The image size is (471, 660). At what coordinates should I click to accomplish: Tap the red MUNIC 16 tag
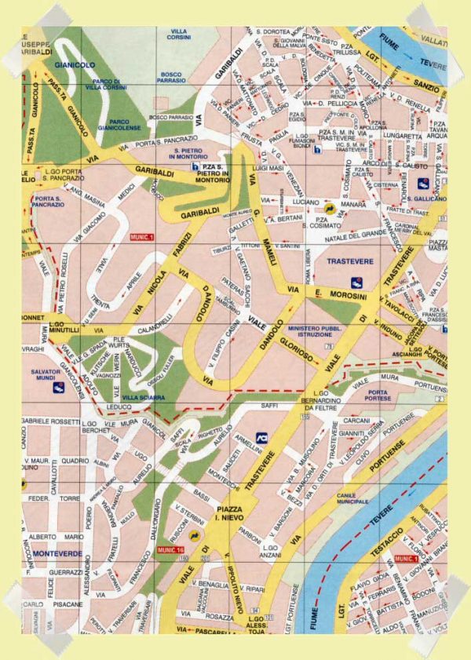click(x=170, y=550)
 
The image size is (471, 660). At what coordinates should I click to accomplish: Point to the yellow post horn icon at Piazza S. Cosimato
click(x=330, y=208)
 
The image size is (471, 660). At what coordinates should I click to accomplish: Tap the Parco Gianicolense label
click(x=130, y=126)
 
